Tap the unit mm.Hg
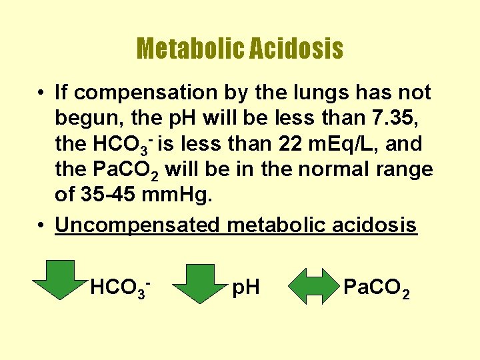point(183,195)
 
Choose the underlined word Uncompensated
point(137,225)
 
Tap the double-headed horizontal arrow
point(313,287)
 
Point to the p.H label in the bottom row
point(245,289)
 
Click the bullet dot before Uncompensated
point(41,225)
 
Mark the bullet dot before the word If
point(41,93)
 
